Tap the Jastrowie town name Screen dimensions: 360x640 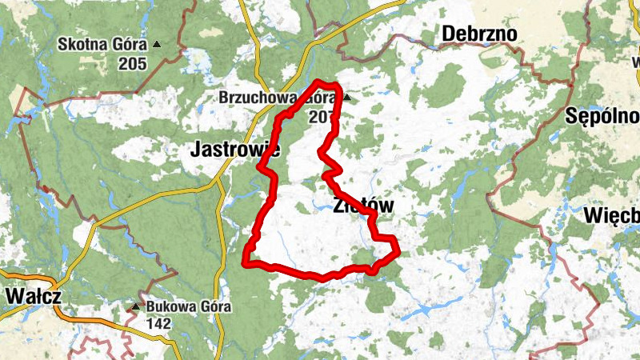tap(234, 149)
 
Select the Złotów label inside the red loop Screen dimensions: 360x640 tap(362, 206)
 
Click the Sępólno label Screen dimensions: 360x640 tap(602, 115)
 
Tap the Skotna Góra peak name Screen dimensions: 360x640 tap(103, 45)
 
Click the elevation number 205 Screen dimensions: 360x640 tap(132, 63)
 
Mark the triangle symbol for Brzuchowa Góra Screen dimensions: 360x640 tap(346, 98)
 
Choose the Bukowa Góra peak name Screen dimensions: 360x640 tap(188, 306)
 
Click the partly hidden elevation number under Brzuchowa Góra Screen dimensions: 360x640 tap(320, 117)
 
